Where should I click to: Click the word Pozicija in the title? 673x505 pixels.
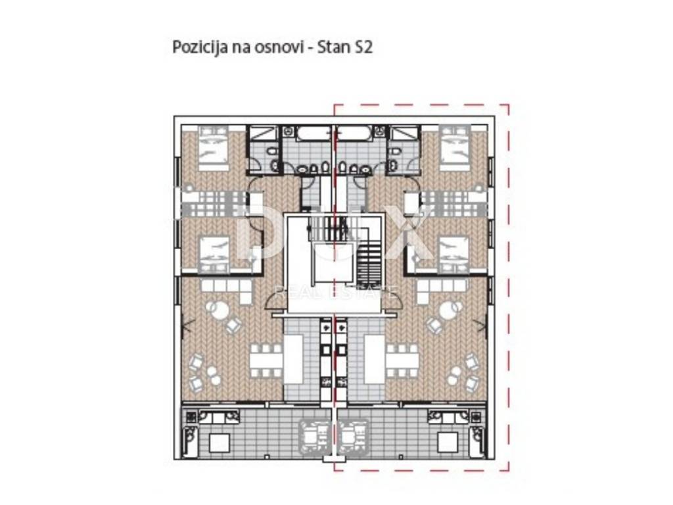(200, 47)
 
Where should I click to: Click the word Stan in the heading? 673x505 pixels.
(333, 47)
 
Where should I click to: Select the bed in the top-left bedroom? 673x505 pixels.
(214, 148)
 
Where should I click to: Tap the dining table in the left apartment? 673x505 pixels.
(267, 360)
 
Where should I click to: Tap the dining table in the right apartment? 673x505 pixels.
(402, 360)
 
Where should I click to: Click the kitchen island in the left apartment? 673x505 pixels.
(294, 360)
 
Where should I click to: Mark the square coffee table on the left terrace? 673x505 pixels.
(220, 443)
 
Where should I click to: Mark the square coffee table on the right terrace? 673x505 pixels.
(448, 443)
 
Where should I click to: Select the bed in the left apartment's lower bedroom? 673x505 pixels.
(214, 254)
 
